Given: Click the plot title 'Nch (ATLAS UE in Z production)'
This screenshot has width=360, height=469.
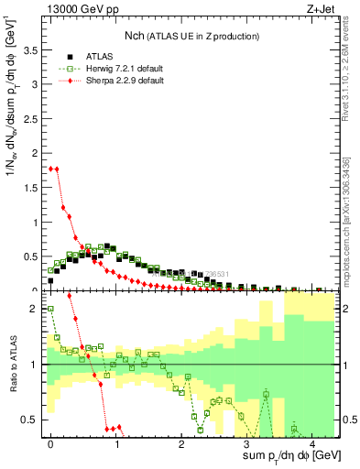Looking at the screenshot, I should [x=192, y=36].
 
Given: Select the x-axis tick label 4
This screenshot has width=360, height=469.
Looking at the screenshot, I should [x=312, y=443].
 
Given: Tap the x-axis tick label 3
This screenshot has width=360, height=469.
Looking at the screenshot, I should [x=246, y=443].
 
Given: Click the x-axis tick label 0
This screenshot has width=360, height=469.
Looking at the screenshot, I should [x=50, y=443].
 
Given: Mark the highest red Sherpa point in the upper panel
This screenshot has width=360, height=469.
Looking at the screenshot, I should [x=51, y=169].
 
